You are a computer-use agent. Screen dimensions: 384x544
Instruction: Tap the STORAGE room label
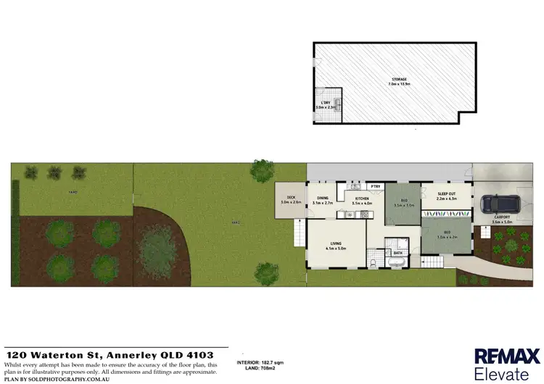point(397,79)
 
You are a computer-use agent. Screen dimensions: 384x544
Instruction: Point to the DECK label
point(290,197)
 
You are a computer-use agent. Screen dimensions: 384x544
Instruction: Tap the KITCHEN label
point(361,199)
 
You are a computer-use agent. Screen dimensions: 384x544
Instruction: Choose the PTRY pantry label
point(376,186)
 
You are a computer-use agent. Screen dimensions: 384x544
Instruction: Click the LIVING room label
point(336,243)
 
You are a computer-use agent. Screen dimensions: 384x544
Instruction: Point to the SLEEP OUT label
point(447,194)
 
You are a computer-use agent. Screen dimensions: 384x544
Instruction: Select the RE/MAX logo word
point(507,356)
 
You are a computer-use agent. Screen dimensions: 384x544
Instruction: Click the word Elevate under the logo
point(501,375)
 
